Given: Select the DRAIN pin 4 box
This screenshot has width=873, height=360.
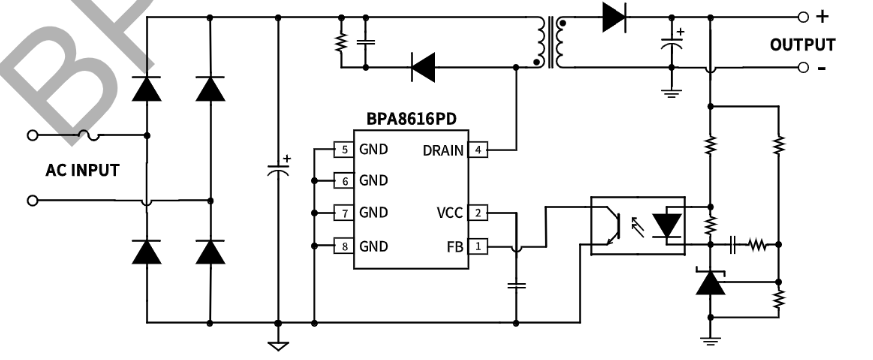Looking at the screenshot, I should [x=478, y=150].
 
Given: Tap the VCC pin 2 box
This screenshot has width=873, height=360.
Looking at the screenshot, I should [x=478, y=213].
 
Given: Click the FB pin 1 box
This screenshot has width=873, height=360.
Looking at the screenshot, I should [x=478, y=246].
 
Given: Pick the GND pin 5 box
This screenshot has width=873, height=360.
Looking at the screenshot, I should [x=344, y=150].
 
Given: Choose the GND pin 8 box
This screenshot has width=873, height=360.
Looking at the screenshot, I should [x=344, y=246].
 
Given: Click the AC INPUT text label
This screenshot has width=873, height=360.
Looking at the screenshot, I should [x=82, y=170].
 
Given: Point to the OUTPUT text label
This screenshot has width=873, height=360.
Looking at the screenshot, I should [x=802, y=45].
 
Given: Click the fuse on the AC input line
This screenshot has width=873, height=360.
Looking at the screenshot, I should [x=88, y=134].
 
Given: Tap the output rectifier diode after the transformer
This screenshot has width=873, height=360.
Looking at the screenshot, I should [x=614, y=17].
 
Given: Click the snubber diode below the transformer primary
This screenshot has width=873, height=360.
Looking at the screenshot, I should [x=423, y=68].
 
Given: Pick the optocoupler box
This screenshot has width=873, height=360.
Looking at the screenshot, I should [x=637, y=225].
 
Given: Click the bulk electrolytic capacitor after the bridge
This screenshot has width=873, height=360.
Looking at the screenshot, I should [x=278, y=167].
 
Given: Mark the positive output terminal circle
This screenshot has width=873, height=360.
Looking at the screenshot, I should [x=802, y=17].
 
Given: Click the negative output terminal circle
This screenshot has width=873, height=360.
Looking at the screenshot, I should [x=802, y=68].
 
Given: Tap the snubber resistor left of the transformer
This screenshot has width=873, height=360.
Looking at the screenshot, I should [x=341, y=43].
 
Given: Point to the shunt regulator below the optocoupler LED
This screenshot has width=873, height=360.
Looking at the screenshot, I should [x=710, y=284].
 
